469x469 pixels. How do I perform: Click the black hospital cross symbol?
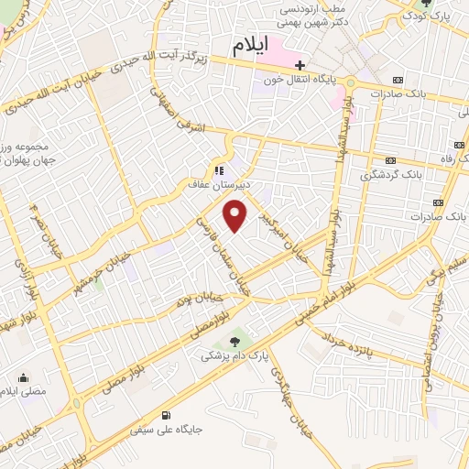[300, 65]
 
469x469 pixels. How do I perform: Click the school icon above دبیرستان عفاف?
[218, 169]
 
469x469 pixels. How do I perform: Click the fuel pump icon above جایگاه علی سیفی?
[165, 415]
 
